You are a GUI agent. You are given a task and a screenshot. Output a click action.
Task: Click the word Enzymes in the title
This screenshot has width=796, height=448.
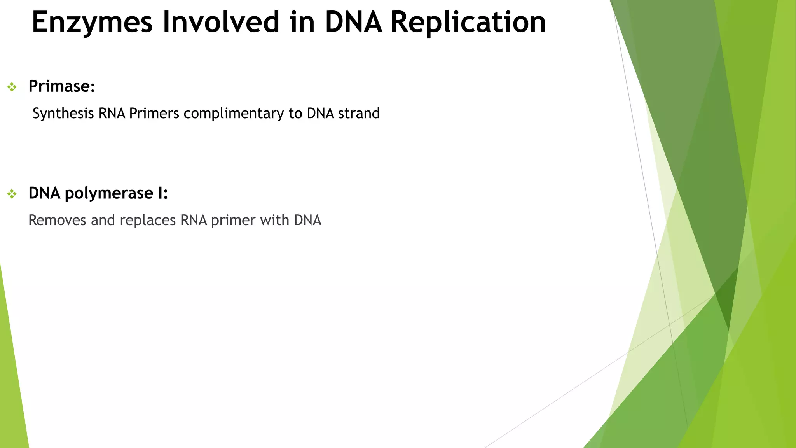[92, 22]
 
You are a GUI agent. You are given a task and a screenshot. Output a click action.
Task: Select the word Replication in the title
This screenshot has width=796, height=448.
[468, 22]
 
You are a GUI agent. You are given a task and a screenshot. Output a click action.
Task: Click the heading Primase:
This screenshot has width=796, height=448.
[61, 86]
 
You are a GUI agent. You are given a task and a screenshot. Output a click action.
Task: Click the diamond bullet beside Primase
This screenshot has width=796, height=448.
[12, 87]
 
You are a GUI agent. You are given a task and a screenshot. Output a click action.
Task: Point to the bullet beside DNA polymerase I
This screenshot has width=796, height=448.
[12, 194]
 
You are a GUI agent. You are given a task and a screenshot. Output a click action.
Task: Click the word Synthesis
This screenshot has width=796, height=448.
[63, 114]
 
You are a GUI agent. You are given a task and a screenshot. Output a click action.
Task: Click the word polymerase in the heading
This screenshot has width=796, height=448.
[109, 193]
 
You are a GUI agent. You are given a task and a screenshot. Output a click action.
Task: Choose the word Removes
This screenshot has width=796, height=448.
[57, 220]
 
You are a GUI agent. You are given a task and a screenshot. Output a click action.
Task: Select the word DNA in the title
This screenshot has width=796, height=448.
[353, 22]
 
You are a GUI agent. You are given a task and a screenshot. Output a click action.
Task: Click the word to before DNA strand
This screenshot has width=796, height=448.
[295, 114]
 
